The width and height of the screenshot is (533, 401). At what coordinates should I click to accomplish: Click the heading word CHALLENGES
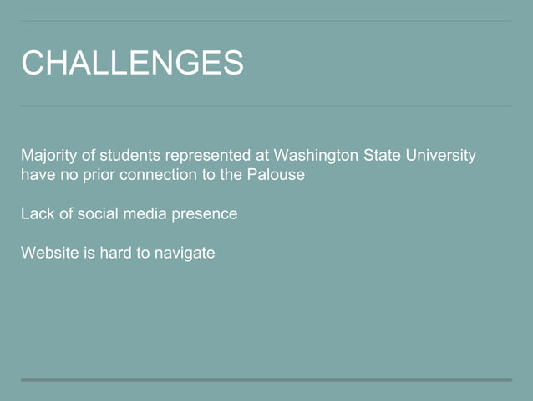pyautogui.click(x=132, y=63)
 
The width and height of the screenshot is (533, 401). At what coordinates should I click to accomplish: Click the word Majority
pyautogui.click(x=48, y=156)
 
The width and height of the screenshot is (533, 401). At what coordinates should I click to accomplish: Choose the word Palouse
pyautogui.click(x=275, y=175)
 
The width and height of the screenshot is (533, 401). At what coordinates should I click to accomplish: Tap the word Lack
pyautogui.click(x=37, y=213)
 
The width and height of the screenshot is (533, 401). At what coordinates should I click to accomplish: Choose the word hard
pyautogui.click(x=115, y=252)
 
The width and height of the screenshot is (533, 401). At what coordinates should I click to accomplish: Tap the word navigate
pyautogui.click(x=185, y=253)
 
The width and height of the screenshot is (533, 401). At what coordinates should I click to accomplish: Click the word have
pyautogui.click(x=38, y=175)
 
